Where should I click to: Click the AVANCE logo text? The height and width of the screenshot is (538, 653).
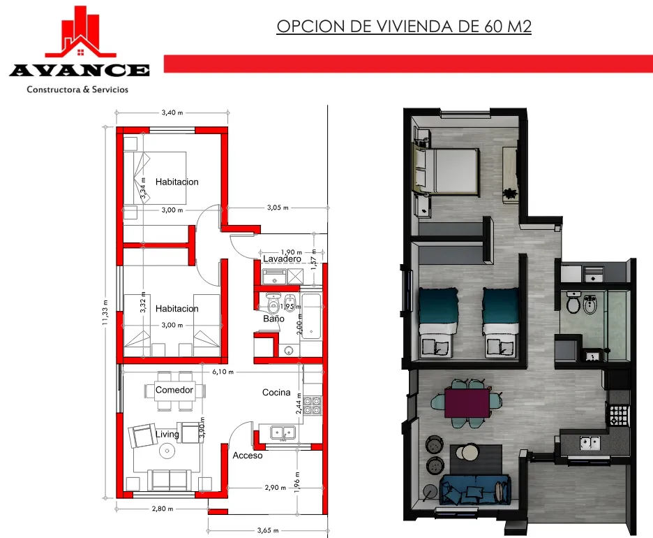(79, 70)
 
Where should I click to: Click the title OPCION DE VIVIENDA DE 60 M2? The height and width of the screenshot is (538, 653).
(405, 27)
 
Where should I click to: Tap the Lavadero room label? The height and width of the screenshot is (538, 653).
(282, 259)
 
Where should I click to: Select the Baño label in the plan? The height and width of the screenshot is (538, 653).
(273, 319)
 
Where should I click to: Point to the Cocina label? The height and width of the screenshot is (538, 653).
(276, 393)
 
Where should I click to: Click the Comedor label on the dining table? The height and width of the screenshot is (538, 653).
(174, 390)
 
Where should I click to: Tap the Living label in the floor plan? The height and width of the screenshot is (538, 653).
(167, 435)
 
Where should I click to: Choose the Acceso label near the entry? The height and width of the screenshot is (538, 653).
(248, 456)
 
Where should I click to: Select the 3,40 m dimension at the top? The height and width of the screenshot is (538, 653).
(172, 112)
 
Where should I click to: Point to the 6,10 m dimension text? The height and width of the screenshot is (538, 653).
(223, 372)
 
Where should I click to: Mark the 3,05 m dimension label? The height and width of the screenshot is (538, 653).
(278, 208)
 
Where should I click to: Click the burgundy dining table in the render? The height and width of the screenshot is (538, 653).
(467, 404)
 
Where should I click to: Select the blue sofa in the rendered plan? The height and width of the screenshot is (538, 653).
(473, 487)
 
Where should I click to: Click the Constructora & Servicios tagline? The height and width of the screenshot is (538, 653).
(77, 89)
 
